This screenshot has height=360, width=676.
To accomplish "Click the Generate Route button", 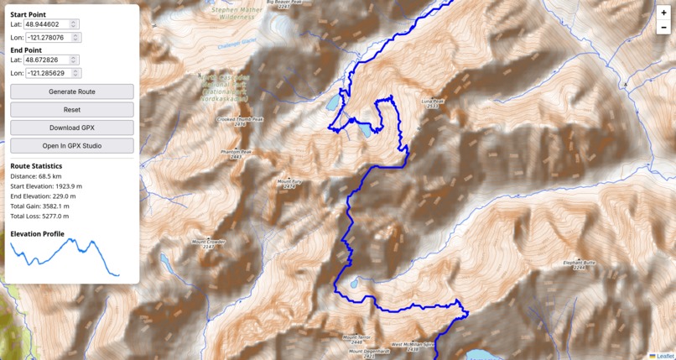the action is (x=71, y=91).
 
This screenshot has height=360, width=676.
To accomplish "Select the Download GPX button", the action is (x=71, y=128).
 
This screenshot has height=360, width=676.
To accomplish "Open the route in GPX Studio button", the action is (x=71, y=146).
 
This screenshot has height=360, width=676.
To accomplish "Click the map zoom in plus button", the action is (x=663, y=13).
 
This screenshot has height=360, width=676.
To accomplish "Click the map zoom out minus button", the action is (x=663, y=28).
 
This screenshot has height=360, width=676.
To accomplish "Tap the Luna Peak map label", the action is (x=432, y=102).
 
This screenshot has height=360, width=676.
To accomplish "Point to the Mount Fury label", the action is (x=289, y=181).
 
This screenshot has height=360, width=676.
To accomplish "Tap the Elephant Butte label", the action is (x=579, y=263).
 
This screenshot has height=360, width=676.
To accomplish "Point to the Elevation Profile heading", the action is (x=37, y=233).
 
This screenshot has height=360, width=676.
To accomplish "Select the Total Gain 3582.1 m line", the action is (x=39, y=206).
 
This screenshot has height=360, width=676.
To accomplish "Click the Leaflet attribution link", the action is (x=664, y=356).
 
